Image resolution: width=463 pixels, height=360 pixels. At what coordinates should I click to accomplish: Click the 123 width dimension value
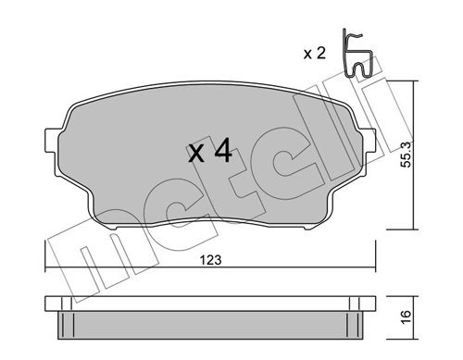pos(211,260)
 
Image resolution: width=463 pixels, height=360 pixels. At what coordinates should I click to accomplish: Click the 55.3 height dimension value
pos(406,155)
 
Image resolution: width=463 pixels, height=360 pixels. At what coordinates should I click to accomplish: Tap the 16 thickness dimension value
pos(407,317)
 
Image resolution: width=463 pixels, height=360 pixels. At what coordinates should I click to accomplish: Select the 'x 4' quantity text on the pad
pos(210,151)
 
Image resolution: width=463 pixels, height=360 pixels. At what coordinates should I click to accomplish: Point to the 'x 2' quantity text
pos(315,54)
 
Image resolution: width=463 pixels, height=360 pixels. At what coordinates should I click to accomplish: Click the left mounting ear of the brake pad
pos(53,140)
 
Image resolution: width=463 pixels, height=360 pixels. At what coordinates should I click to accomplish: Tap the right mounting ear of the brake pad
pos(369,141)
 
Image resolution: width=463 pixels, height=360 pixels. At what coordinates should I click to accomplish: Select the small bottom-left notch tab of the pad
pos(114,228)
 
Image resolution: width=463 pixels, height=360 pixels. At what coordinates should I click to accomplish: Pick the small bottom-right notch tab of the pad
pos(307,228)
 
